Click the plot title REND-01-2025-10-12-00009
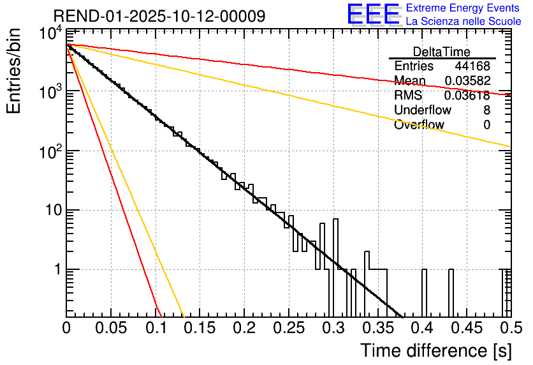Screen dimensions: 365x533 click(159, 16)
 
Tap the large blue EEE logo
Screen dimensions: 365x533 click(373, 15)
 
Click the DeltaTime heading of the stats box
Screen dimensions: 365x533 click(442, 52)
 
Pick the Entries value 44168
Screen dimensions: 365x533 click(472, 66)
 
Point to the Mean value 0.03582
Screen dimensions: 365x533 click(468, 81)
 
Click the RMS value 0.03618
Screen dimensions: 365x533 click(468, 96)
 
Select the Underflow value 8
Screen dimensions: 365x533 click(486, 110)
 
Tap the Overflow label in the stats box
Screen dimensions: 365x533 click(419, 125)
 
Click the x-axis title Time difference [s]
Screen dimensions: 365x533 click(435, 350)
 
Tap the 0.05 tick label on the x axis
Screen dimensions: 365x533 click(111, 328)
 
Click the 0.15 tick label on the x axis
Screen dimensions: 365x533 click(200, 328)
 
